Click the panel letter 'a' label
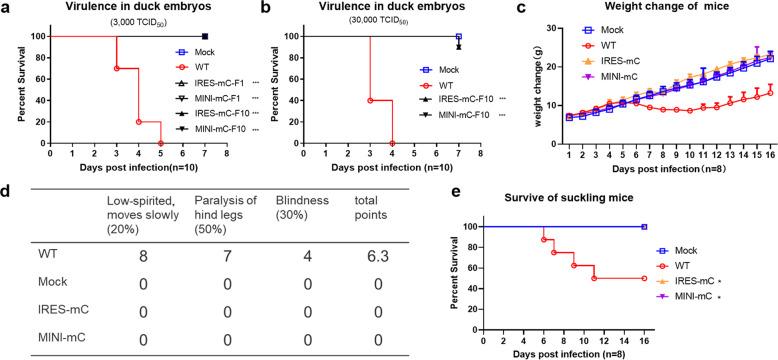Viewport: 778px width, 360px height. [6, 8]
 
